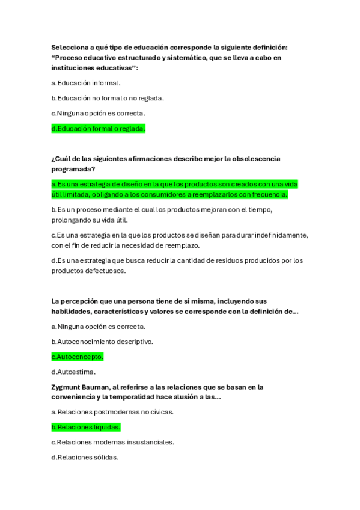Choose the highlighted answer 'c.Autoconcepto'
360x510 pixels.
click(78, 357)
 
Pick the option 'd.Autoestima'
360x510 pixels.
click(73, 372)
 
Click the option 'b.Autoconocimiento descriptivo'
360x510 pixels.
click(102, 342)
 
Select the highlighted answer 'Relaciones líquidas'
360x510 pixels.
click(86, 427)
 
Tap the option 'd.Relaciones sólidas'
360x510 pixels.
click(84, 457)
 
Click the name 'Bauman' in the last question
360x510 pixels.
click(99, 387)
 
